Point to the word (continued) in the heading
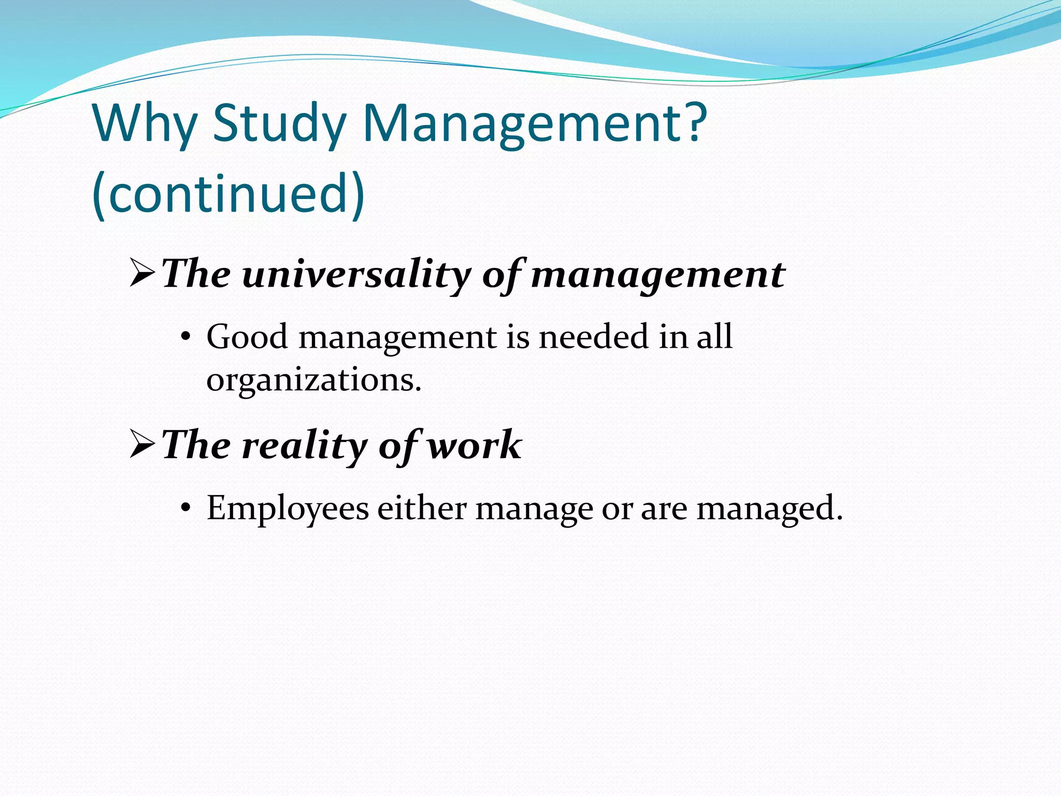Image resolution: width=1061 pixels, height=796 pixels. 228,193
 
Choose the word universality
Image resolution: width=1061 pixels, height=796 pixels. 356,275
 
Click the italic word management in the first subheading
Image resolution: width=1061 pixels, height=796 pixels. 658,275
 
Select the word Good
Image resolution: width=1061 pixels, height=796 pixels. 247,337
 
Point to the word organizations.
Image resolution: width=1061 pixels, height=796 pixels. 314,380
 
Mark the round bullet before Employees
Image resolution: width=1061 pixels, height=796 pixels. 185,509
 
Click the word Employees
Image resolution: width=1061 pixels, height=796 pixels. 288,508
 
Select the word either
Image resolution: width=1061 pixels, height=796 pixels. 422,508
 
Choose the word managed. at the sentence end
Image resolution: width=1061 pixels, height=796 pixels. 770,509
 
